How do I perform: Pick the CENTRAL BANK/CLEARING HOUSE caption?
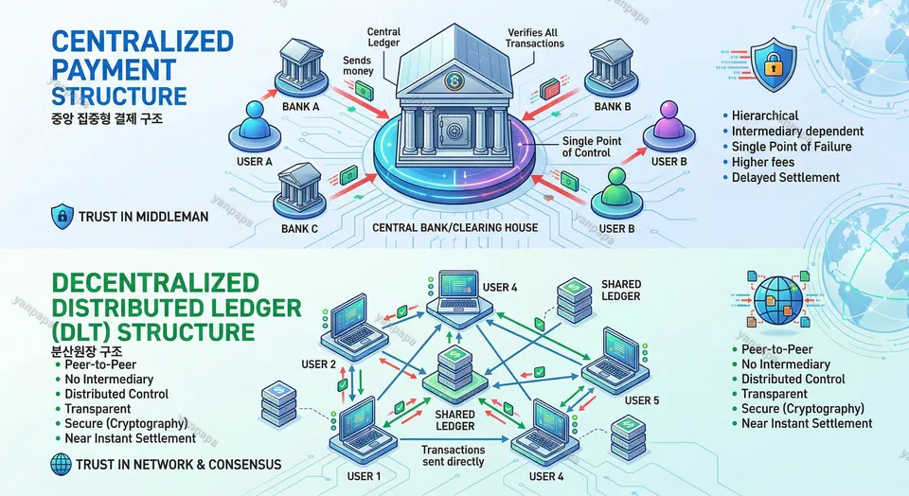tap(454, 227)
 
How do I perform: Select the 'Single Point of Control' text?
tap(592, 147)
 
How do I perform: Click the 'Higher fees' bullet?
tap(762, 162)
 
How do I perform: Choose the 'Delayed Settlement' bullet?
tap(785, 177)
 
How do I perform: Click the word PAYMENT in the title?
tap(113, 69)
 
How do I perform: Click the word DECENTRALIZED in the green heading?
tap(153, 281)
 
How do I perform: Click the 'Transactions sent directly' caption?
tap(453, 455)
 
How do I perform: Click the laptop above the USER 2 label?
tap(346, 321)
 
